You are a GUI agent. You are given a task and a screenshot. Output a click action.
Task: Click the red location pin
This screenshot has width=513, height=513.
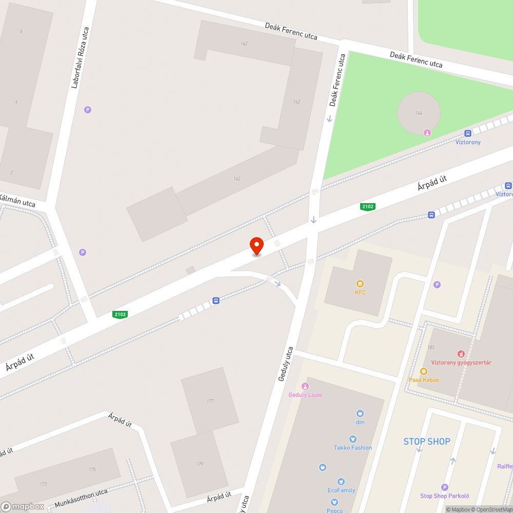[x=256, y=245]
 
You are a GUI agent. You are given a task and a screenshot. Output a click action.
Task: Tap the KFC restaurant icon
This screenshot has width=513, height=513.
[x=360, y=284]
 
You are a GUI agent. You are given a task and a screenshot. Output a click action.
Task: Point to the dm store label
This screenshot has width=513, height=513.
[x=360, y=422]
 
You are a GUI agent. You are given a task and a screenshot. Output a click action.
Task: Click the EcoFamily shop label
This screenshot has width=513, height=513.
[x=341, y=490]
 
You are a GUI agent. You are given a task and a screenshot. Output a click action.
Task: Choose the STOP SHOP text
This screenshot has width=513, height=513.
[x=426, y=441]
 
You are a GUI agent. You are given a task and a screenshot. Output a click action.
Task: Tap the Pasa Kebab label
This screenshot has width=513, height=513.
[x=424, y=380]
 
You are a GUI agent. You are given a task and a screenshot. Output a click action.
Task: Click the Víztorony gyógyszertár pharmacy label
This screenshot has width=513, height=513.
[x=461, y=362]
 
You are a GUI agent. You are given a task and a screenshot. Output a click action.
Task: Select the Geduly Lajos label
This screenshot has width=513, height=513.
[x=305, y=394]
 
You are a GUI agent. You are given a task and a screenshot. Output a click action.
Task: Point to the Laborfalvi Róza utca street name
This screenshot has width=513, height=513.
[x=80, y=57]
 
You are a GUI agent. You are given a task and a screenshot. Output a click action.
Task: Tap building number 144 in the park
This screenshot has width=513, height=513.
[x=419, y=113]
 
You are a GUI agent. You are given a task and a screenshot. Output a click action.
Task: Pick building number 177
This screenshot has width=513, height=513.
[x=210, y=401]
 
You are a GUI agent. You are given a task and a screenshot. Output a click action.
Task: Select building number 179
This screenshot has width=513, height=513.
[x=200, y=464]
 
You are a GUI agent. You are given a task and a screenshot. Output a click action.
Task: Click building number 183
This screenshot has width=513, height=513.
[x=430, y=347]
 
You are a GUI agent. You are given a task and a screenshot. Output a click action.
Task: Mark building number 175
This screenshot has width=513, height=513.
[x=92, y=469]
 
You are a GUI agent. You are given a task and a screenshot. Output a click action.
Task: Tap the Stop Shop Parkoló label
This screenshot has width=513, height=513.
[x=444, y=496]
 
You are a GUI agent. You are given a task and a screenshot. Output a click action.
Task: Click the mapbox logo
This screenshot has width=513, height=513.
[x=23, y=506]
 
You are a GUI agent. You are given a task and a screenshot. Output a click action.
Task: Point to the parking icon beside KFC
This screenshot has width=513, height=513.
[x=437, y=285]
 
